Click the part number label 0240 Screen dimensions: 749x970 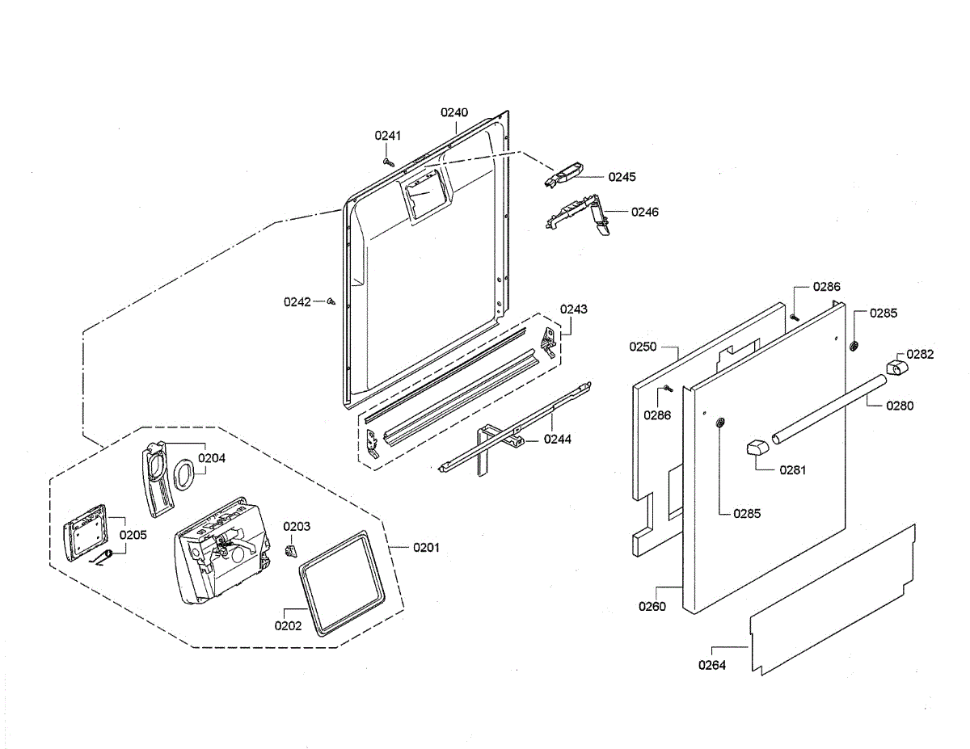[454, 113]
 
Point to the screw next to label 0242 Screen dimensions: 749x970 [331, 302]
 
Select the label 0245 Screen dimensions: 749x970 [622, 176]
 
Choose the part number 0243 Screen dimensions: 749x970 [574, 309]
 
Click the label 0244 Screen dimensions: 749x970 [557, 440]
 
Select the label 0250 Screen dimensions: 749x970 [643, 347]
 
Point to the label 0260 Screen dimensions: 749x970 [652, 606]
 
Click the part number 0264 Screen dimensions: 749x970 [712, 665]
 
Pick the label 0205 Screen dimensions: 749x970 [133, 535]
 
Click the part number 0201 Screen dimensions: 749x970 [426, 548]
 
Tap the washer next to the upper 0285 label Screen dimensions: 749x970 [853, 347]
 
